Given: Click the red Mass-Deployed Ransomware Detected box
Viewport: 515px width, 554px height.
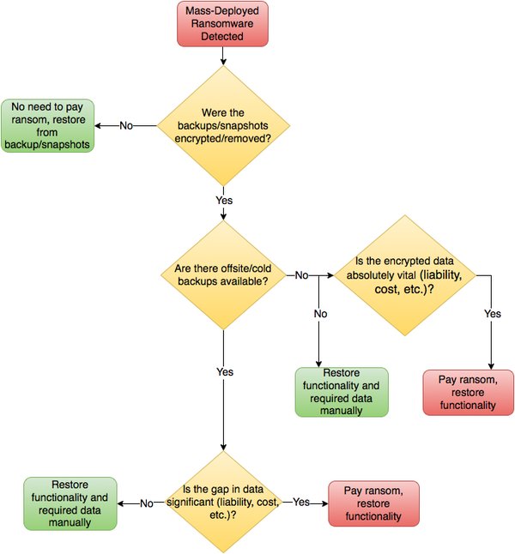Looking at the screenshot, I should (x=223, y=24).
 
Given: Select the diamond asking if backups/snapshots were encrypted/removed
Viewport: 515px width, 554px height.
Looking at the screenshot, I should (x=223, y=125).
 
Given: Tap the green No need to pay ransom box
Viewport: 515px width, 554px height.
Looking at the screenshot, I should (x=46, y=125).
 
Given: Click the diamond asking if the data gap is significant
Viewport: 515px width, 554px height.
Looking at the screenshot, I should (x=223, y=503).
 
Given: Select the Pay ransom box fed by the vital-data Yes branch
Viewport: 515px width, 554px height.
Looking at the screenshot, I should (x=469, y=393).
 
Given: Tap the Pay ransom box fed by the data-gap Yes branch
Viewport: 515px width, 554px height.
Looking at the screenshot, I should (x=373, y=503).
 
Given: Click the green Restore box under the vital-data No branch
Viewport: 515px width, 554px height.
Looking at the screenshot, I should (x=342, y=393).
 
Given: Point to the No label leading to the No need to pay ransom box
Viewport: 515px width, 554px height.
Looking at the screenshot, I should (x=126, y=125).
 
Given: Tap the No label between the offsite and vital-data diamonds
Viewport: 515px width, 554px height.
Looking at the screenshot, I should (x=302, y=276).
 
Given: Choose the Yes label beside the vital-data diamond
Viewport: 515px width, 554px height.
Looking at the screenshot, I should (x=492, y=314).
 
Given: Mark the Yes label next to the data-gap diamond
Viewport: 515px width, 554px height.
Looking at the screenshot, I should (x=302, y=503).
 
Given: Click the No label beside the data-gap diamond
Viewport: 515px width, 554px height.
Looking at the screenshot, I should (x=146, y=503).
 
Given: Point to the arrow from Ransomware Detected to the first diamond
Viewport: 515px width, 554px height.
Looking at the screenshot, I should (x=223, y=57).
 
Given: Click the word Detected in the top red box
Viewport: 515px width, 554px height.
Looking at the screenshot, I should (x=223, y=37).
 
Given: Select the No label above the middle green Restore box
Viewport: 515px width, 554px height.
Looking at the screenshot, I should (x=319, y=314).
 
